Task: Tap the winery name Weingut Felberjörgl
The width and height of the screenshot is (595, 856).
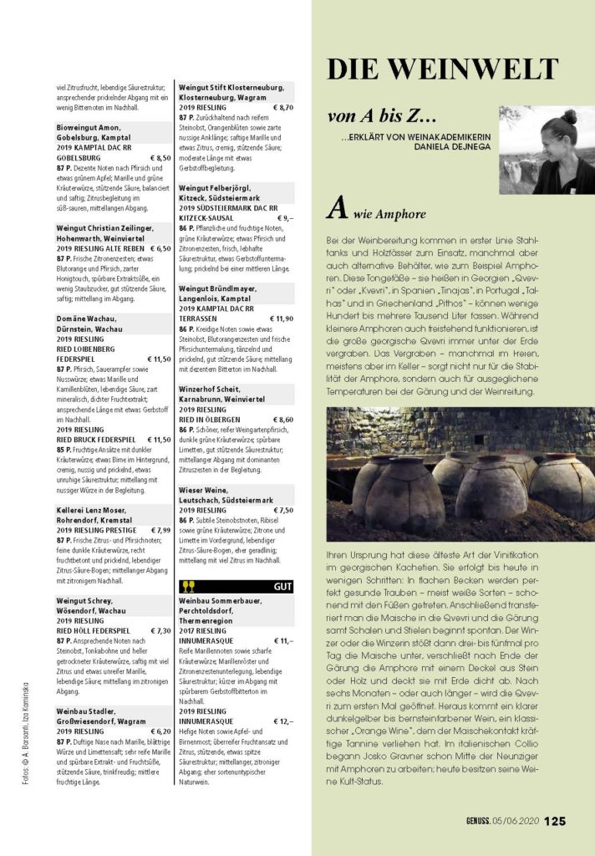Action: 213,188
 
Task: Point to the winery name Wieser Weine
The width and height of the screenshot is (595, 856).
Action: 205,489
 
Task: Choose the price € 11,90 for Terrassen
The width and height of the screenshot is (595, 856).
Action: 277,318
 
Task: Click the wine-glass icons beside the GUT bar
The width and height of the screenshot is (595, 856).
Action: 188,586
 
